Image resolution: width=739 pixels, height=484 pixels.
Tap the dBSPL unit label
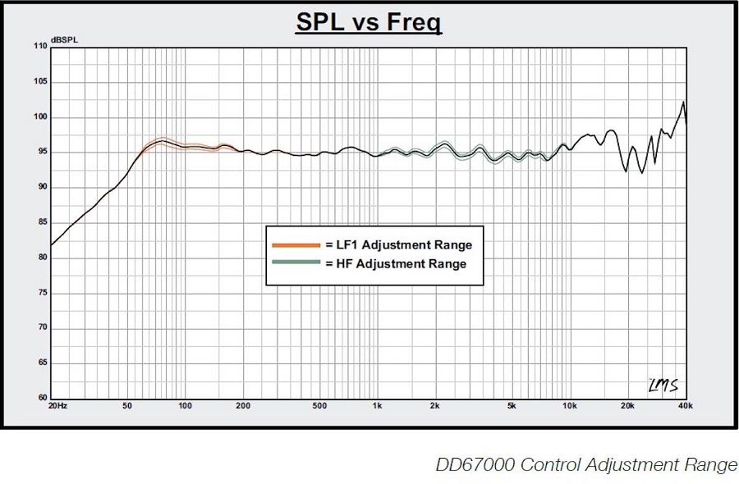(x=62, y=39)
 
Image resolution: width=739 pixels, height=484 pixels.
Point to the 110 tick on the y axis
(x=40, y=47)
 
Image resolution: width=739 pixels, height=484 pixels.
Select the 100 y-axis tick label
(x=40, y=117)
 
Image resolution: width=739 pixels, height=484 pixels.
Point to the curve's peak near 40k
(x=683, y=102)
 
